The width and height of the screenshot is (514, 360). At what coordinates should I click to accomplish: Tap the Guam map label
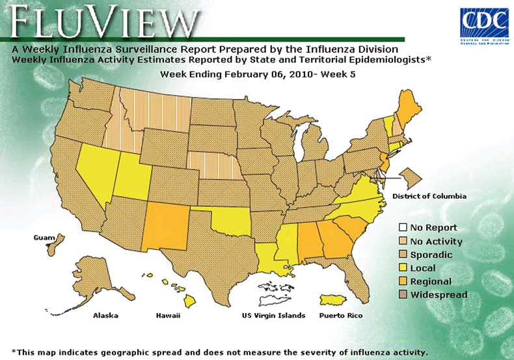coord(44,238)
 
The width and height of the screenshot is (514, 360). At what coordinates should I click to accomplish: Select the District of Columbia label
coord(429,195)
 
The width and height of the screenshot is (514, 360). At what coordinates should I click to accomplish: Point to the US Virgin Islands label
coord(273,316)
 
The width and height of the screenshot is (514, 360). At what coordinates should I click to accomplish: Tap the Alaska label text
coord(105,316)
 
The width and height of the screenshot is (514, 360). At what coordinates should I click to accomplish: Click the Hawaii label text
coord(168,316)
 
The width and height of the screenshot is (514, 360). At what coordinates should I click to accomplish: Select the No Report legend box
coord(403,228)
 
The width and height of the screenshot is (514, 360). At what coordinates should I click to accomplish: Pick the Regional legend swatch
coord(403,281)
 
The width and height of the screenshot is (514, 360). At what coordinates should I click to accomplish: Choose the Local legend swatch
coord(403,268)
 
